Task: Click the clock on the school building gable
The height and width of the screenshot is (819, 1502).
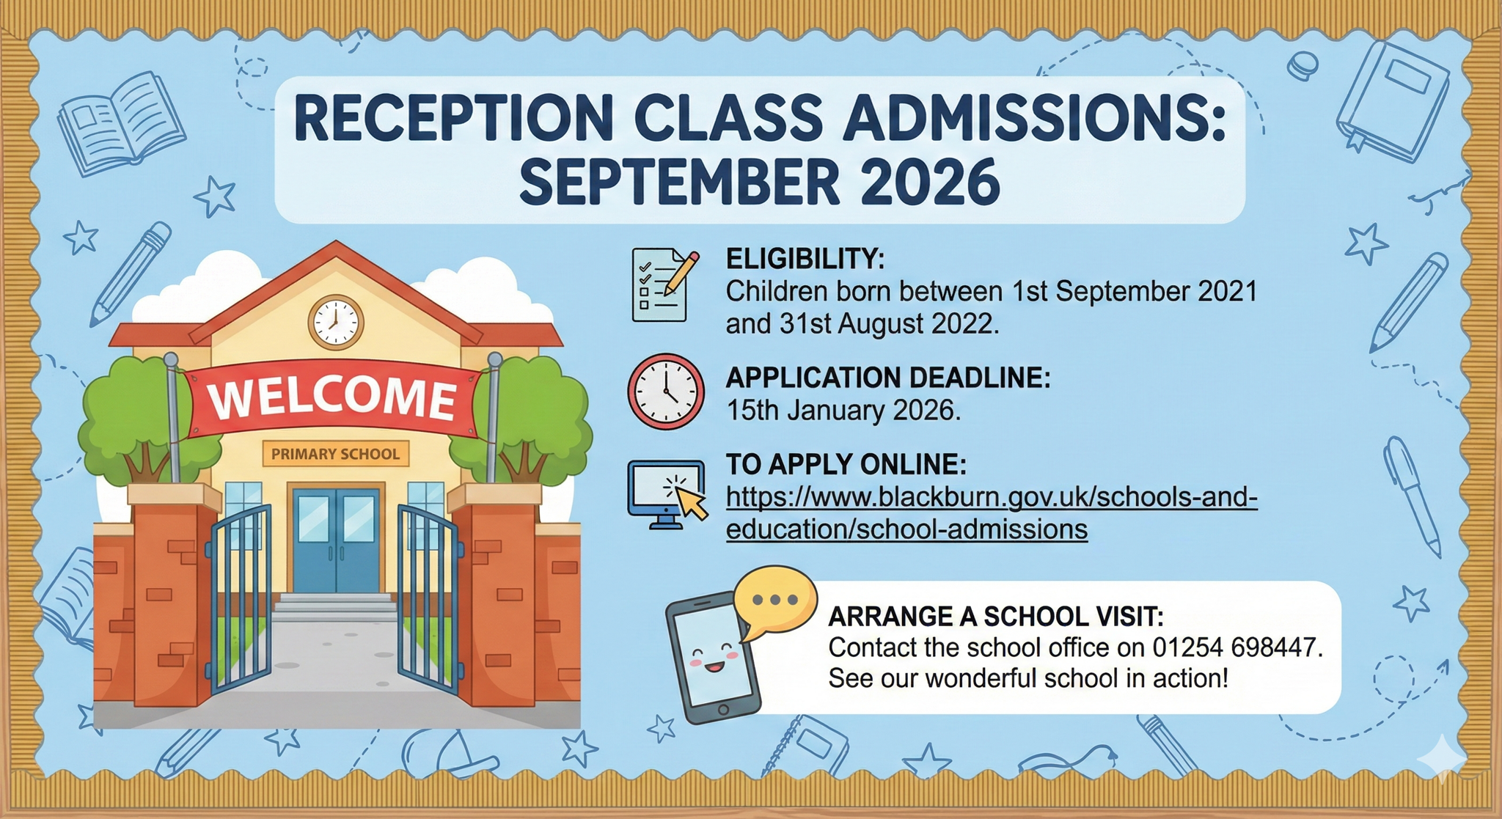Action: tap(336, 322)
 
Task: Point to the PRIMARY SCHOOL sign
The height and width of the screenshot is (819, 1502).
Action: tap(336, 454)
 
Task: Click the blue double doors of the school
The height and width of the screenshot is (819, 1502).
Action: tap(336, 540)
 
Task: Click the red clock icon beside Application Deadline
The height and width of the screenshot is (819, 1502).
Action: tap(666, 392)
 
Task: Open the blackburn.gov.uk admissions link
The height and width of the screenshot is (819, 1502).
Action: tap(992, 513)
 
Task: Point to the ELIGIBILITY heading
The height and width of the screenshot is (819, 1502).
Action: tap(805, 259)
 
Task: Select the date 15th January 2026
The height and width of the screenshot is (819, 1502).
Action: tap(843, 410)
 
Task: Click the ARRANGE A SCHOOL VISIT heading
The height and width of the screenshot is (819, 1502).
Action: tap(996, 616)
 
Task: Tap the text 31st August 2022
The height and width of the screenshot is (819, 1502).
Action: tap(889, 323)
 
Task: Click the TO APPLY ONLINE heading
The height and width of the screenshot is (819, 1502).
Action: tap(846, 464)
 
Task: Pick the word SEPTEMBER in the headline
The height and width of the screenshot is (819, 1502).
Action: tap(679, 181)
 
